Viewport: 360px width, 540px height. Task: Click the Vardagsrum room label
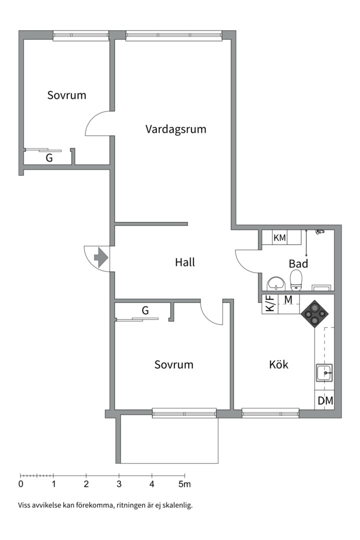[x=175, y=129]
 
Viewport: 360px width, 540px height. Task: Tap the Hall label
[x=184, y=262]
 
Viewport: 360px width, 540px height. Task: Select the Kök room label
[x=278, y=364]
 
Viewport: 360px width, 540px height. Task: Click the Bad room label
[x=298, y=263]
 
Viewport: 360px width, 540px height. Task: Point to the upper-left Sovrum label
[x=66, y=95]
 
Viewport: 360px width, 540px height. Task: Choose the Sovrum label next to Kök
[x=173, y=364]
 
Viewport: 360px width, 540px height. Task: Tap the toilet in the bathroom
[x=296, y=280]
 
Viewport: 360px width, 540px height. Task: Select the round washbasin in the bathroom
[x=275, y=283]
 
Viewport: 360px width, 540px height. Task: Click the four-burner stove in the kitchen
[x=315, y=313]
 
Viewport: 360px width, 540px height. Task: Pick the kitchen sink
[x=324, y=373]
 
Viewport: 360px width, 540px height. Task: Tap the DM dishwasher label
[x=325, y=400]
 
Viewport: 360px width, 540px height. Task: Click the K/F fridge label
[x=269, y=304]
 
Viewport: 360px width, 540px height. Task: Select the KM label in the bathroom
[x=279, y=238]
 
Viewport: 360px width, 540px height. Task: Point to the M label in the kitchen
[x=288, y=299]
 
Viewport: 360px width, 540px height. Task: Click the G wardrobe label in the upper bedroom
[x=49, y=158]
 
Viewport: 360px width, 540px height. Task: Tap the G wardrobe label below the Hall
[x=145, y=310]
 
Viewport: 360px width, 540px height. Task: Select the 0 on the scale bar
[x=20, y=484]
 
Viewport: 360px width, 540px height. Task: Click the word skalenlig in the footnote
[x=176, y=505]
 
